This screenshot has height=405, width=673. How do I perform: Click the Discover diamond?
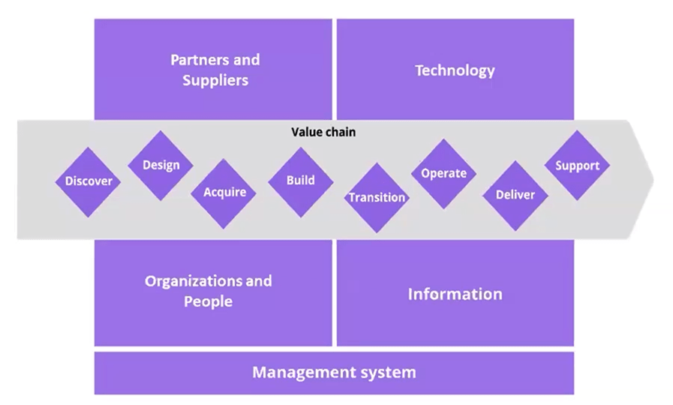[88, 181]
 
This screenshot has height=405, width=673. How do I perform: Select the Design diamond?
[161, 165]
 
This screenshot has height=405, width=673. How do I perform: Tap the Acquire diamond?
[224, 193]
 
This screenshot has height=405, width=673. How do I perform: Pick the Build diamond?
[300, 181]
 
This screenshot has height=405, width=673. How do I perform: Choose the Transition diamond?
[377, 198]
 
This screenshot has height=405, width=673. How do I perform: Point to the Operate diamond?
[443, 173]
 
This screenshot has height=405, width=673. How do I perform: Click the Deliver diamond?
[515, 195]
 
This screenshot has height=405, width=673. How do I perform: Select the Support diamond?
[577, 166]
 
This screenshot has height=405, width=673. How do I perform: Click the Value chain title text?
[323, 132]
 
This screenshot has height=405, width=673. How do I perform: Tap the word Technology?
[455, 70]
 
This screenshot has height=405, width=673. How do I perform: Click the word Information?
[455, 294]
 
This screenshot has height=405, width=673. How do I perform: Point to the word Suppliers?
[215, 79]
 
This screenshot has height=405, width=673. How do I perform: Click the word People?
[209, 301]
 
